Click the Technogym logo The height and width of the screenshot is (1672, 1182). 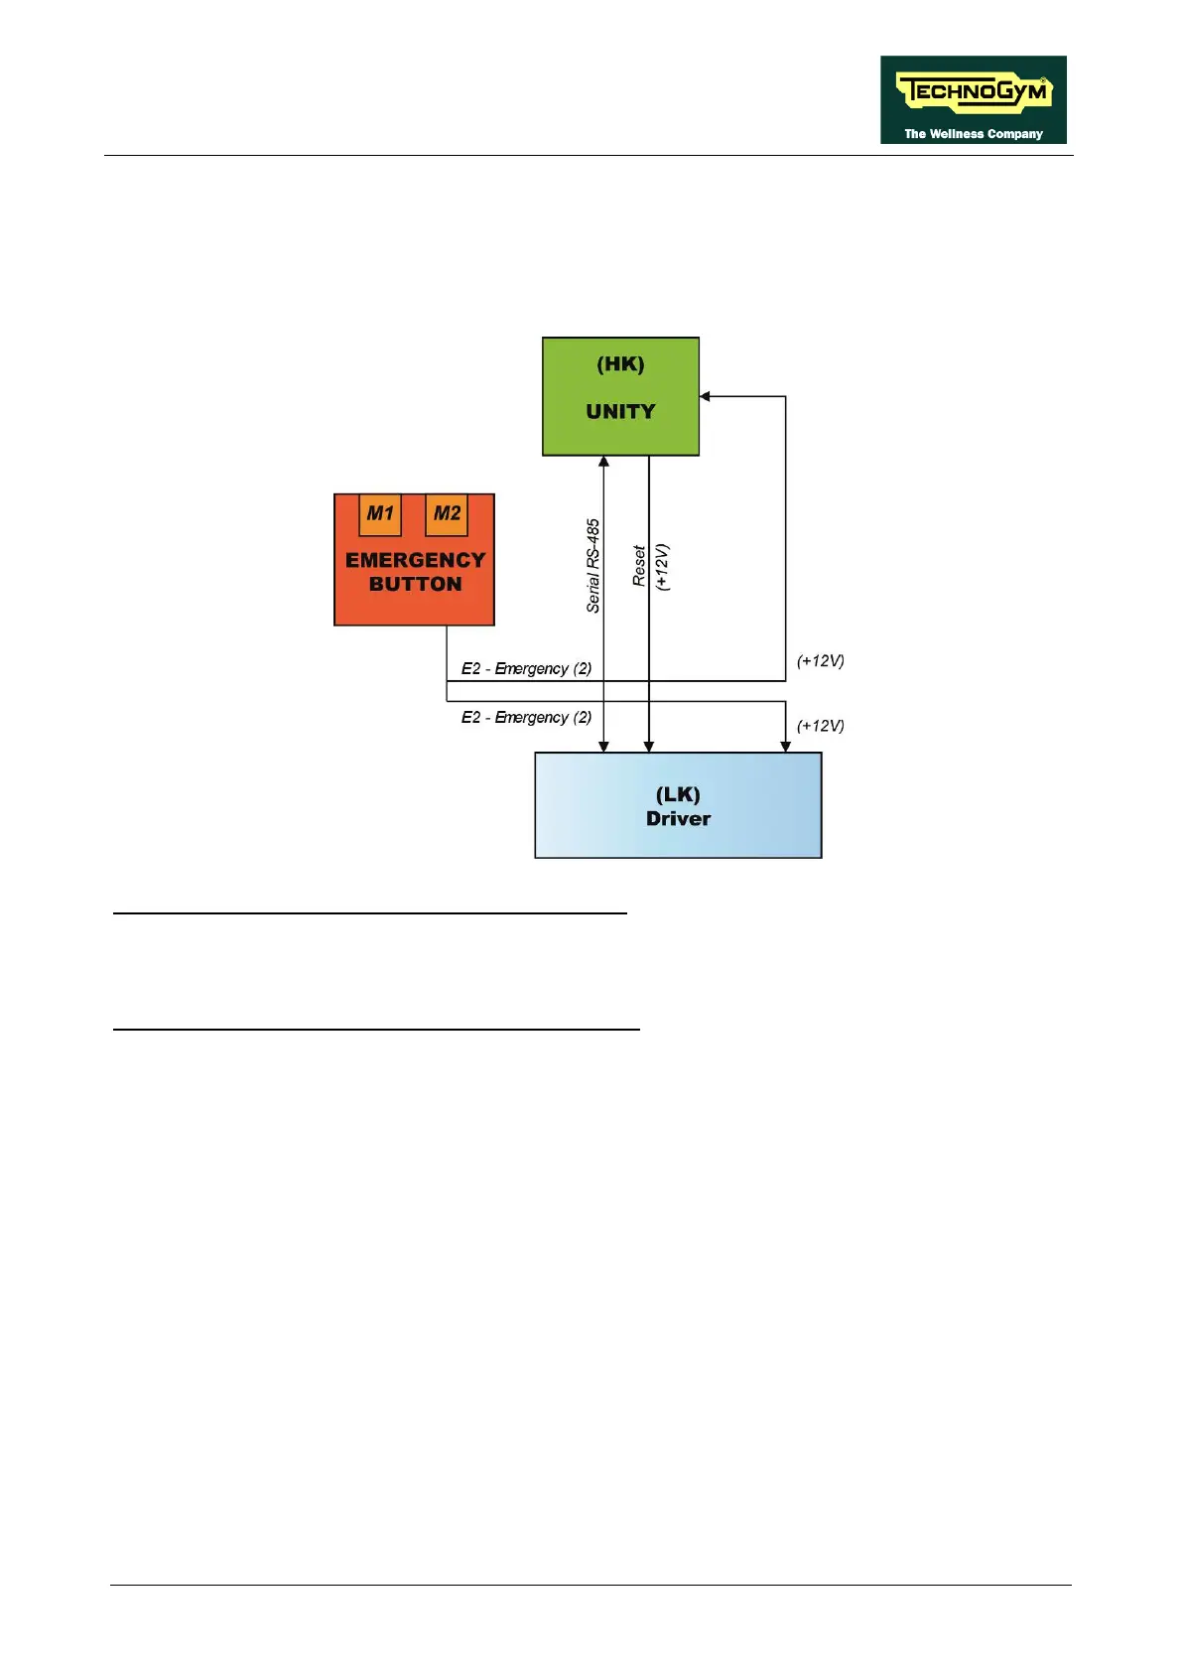tap(973, 99)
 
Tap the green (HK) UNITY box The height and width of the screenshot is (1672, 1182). tap(620, 395)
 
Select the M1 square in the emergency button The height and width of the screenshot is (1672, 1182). tap(380, 514)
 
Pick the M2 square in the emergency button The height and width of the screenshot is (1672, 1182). tap(447, 514)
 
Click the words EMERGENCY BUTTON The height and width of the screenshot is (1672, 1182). tap(415, 572)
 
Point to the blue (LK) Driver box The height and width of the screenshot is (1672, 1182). tap(678, 805)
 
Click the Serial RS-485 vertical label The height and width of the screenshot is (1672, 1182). tap(593, 566)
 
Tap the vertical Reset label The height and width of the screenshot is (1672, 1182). tap(640, 566)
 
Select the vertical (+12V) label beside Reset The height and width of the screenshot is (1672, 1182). tap(663, 567)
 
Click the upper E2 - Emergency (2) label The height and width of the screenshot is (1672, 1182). tap(526, 668)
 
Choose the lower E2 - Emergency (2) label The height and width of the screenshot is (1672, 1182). tap(526, 717)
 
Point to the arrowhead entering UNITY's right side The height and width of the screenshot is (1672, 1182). tap(705, 396)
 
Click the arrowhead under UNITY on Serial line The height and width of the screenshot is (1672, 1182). tap(603, 462)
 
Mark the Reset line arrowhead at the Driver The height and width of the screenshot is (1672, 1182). tap(648, 747)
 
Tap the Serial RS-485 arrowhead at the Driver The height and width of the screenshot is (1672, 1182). tap(603, 747)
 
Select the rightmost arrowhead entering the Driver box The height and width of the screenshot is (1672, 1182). tap(785, 747)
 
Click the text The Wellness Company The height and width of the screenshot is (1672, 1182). tap(973, 134)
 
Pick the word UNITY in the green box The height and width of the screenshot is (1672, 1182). tap(620, 411)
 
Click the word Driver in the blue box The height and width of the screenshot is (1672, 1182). tap(678, 819)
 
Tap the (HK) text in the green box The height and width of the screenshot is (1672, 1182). tap(620, 364)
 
